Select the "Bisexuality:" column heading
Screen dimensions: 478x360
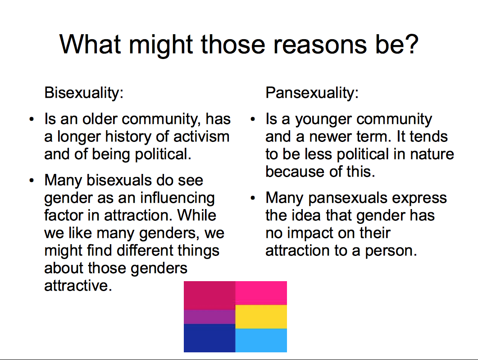click(84, 93)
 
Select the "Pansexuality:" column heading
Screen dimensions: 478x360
click(312, 93)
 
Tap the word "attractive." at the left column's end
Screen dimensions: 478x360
click(78, 286)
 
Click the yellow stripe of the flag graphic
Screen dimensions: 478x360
click(261, 317)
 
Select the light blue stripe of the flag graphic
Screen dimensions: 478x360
click(261, 341)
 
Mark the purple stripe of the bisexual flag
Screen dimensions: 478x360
click(209, 317)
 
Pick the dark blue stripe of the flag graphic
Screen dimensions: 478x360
click(209, 338)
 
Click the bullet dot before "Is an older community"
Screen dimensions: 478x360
click(32, 119)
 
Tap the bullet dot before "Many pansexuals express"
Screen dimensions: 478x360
click(252, 198)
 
